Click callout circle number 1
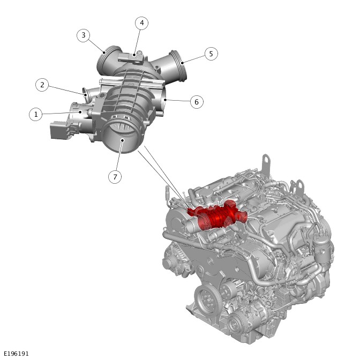[x=36, y=114]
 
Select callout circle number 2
[x=42, y=85]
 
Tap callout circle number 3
[x=84, y=35]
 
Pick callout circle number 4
[x=141, y=23]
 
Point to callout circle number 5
[x=211, y=54]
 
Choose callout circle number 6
[x=197, y=102]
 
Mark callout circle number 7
[x=115, y=177]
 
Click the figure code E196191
[x=16, y=354]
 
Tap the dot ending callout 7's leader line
[x=122, y=140]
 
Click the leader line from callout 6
[x=177, y=100]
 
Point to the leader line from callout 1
[x=61, y=113]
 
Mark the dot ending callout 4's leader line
[x=134, y=55]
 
